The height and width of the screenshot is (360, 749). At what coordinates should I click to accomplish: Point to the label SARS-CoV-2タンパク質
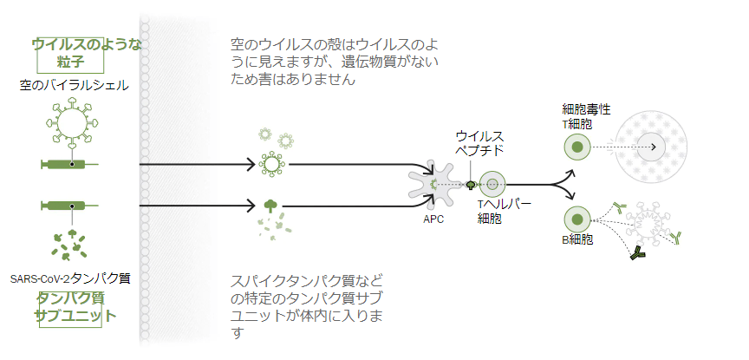pos(71,278)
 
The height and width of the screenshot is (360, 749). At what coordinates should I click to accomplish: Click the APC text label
pos(433,219)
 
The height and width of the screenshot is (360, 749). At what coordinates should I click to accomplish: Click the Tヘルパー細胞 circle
pos(493,184)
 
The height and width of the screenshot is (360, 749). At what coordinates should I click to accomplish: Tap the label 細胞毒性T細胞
pos(586,116)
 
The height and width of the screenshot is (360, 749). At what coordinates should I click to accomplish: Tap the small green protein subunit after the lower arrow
pos(271,206)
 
